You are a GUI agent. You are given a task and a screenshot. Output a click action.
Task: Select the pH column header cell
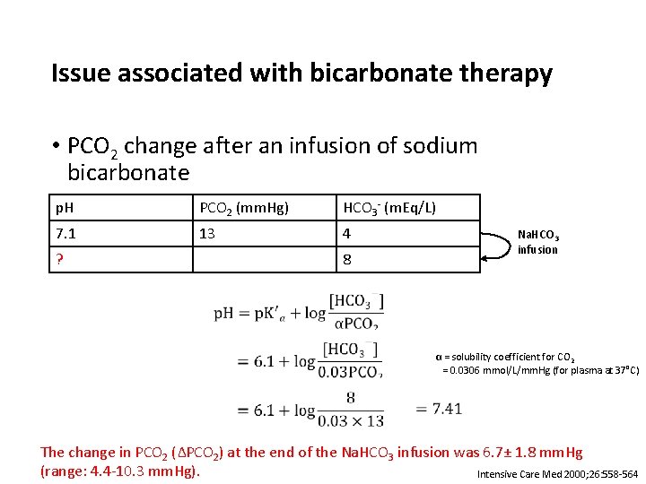click(121, 208)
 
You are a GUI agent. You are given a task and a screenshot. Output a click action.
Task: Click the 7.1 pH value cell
click(121, 234)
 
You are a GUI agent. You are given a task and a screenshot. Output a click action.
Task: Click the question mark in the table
click(60, 260)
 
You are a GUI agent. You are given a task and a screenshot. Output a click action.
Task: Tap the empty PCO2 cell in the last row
click(264, 260)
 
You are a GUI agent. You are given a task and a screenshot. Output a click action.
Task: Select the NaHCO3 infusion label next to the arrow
click(538, 243)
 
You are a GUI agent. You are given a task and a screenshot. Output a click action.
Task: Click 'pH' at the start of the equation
click(224, 314)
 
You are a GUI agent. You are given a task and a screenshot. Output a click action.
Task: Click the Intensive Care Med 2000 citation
click(557, 473)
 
